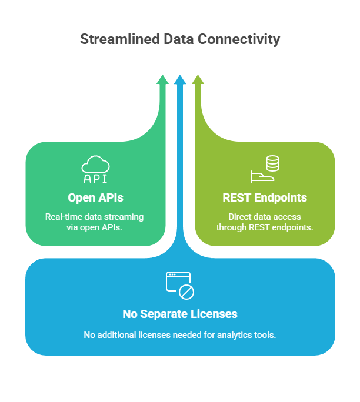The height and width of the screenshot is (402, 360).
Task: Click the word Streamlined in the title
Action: pos(120,39)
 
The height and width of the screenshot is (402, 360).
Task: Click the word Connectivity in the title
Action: pos(239,40)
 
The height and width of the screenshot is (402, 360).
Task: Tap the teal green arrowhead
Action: pos(162,79)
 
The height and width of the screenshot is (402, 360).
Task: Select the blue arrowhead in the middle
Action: pos(180,79)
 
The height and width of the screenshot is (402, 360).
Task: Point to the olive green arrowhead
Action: pos(198,79)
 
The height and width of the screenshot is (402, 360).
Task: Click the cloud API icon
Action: pos(95,169)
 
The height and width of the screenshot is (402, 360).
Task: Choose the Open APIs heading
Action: pos(95,197)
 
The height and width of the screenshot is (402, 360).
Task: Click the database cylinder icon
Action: pos(272,163)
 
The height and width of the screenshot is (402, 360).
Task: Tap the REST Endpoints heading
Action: pos(265,197)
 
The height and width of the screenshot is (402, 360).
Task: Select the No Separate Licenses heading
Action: pos(180,314)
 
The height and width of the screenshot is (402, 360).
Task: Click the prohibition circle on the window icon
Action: pos(186,292)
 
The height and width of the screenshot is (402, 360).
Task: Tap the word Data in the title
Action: pos(179,39)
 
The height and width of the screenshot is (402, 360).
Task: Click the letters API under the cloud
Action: pos(95,179)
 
